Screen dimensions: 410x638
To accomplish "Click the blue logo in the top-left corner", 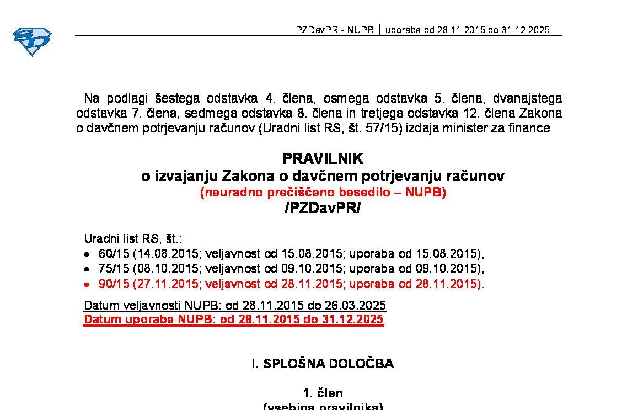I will coord(32,41).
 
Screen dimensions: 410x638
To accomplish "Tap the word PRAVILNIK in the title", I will coord(323,159).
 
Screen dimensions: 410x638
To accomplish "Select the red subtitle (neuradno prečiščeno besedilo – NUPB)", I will coord(323,193).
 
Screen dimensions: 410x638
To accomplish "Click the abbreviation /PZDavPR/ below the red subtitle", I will coord(323,208).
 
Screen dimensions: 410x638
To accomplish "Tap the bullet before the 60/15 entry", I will coord(87,255).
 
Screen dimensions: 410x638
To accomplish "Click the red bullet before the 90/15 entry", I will coord(87,285).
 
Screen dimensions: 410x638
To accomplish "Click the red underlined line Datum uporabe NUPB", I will coord(233,320).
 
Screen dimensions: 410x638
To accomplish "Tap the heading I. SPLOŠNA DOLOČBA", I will coord(323,364).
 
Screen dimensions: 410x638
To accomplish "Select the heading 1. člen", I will coord(323,393).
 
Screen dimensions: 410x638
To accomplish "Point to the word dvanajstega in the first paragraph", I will coord(527,99).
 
